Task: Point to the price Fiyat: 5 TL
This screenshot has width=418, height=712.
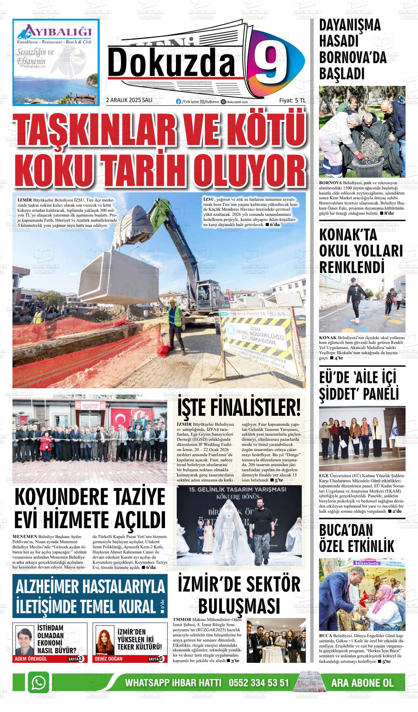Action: [292, 100]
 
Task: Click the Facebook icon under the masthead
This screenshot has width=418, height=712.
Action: [179, 102]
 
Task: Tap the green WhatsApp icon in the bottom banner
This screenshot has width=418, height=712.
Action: [39, 683]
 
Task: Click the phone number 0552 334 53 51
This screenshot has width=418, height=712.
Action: [259, 683]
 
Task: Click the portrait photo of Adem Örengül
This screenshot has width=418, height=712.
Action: [25, 640]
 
